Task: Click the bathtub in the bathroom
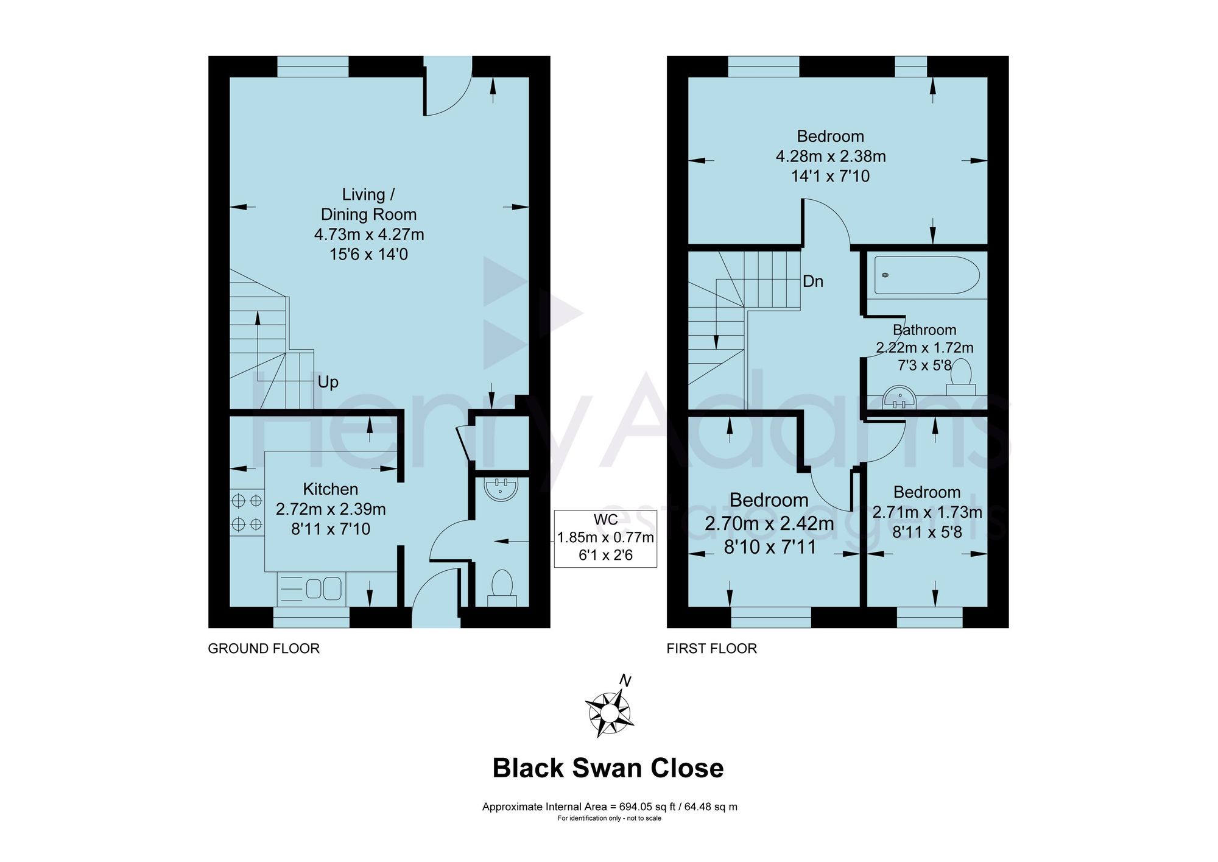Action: click(927, 275)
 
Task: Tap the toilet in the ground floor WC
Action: click(502, 587)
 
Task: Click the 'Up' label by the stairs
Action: click(328, 383)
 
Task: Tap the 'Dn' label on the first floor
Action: click(813, 281)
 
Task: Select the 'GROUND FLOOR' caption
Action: click(264, 648)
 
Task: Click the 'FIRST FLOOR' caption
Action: click(712, 648)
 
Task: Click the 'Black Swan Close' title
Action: click(608, 768)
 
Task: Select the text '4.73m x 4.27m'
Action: click(369, 235)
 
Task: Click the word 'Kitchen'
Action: click(331, 489)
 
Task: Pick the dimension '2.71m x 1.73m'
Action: click(928, 512)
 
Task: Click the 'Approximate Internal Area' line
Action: click(610, 807)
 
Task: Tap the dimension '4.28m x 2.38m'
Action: click(831, 157)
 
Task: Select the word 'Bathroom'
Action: click(924, 330)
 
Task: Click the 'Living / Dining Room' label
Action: click(369, 205)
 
